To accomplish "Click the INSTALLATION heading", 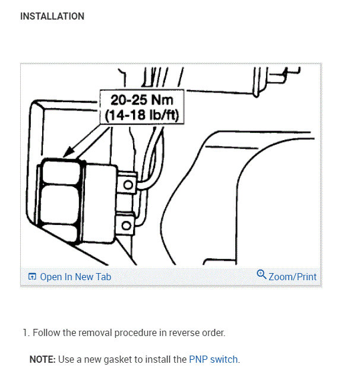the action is coord(52,17).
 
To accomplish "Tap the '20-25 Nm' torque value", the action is coord(142,100).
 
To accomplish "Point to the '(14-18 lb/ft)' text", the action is coord(142,115).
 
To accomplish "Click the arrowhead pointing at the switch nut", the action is coord(68,151).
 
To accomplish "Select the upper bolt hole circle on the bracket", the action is coord(128,185).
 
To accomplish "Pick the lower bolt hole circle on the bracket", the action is coord(126,226).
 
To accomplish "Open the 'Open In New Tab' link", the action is coord(75,277).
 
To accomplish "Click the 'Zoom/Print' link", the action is coord(292,277).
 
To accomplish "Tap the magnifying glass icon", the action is coord(261,274).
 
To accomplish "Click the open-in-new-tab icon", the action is coord(32,277).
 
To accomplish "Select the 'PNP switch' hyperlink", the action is coord(213,359).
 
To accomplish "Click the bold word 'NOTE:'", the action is coord(43,359).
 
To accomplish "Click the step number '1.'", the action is coord(26,332).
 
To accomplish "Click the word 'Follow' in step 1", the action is coord(46,332).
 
